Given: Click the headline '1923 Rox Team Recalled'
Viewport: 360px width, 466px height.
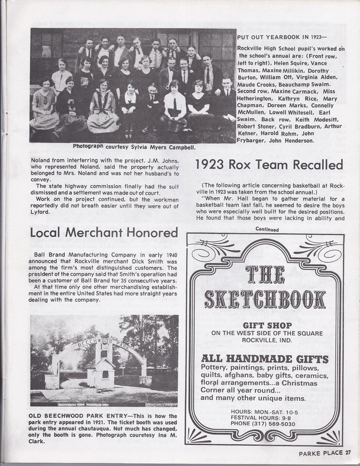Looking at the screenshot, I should click(269, 165).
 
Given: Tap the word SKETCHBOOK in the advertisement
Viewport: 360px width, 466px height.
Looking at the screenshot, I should click(265, 299).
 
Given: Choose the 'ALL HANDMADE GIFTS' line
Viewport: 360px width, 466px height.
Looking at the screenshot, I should click(265, 358).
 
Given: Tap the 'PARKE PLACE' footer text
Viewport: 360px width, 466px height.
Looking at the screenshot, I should click(320, 452).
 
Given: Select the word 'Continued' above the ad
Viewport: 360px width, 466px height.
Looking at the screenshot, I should click(267, 229).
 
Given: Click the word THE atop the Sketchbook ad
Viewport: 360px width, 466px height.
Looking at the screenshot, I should click(265, 274).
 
